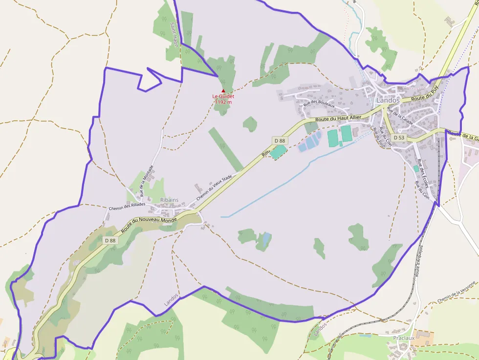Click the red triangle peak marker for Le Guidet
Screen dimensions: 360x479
[x=223, y=90]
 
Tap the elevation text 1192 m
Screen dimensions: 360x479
[x=223, y=102]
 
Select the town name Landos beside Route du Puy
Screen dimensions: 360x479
[x=388, y=100]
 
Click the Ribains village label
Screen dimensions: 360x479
[x=169, y=200]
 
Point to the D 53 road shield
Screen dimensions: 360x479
[x=399, y=138]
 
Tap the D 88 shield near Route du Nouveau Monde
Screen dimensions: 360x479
[x=110, y=240]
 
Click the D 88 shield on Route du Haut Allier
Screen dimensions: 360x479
[x=280, y=141]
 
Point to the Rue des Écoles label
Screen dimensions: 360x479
[x=421, y=170]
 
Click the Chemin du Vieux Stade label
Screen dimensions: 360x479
[x=214, y=189]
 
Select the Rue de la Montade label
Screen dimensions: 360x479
[x=147, y=180]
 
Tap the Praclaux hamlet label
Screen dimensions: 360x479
[x=404, y=338]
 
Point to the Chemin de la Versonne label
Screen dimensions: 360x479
[x=457, y=292]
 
